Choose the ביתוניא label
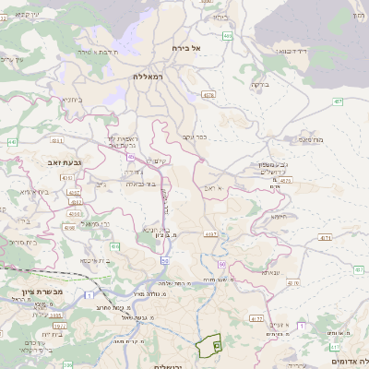[x=73, y=99]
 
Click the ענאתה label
[x=271, y=272]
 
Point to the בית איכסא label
[x=96, y=260]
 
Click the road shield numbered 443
[x=12, y=142]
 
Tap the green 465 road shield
[x=228, y=35]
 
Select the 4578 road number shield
[x=209, y=94]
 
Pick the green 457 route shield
[x=339, y=101]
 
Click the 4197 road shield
[x=211, y=235]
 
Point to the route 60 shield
[x=223, y=264]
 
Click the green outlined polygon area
[x=209, y=345]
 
